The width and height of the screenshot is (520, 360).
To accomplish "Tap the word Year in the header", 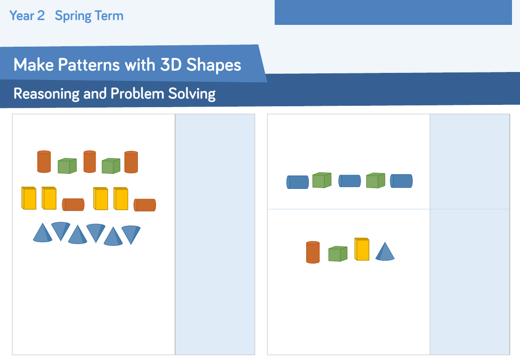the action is [22, 16].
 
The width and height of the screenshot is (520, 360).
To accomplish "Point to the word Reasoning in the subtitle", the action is [46, 94].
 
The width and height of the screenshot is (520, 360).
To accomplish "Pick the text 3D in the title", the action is [171, 64].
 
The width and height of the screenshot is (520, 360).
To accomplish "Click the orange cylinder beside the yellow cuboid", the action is [313, 252].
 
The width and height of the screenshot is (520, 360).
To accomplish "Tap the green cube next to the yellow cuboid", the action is [338, 254].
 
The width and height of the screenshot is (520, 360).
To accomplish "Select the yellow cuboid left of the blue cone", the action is [362, 249].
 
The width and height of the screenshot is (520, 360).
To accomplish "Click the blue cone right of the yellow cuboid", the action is [385, 252].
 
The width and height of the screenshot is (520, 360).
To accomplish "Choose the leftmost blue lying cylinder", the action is [297, 182].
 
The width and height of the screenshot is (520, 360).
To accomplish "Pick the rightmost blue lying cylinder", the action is [401, 181].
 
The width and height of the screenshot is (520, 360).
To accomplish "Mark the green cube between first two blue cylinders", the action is [322, 180].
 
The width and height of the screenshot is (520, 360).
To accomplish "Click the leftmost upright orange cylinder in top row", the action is [44, 162].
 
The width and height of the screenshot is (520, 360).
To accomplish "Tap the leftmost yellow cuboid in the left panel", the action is [29, 198].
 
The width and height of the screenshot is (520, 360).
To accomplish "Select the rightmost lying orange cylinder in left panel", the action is [145, 205].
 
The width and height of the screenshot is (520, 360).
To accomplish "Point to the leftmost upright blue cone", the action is [43, 232].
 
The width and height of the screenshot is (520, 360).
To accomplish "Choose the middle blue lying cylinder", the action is [349, 181].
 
